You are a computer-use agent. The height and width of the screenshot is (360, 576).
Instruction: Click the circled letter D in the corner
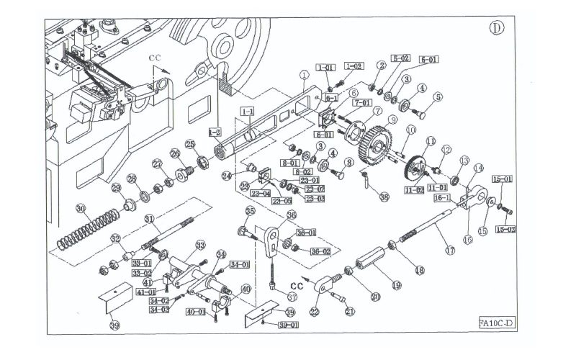click(496, 29)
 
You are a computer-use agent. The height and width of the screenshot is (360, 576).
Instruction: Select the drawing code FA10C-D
click(497, 322)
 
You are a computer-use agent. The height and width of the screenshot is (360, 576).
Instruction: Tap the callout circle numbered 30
click(81, 209)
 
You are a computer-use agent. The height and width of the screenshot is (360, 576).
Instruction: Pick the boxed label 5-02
click(401, 58)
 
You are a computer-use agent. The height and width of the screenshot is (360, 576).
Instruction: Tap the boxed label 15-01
click(503, 178)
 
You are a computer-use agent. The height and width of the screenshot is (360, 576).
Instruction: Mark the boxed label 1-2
click(214, 132)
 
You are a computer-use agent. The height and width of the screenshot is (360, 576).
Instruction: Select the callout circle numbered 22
click(314, 311)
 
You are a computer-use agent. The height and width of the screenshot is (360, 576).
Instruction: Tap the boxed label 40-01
click(198, 312)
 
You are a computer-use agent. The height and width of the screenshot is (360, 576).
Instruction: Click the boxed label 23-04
click(258, 193)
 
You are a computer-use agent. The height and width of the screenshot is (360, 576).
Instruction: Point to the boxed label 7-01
click(361, 104)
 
